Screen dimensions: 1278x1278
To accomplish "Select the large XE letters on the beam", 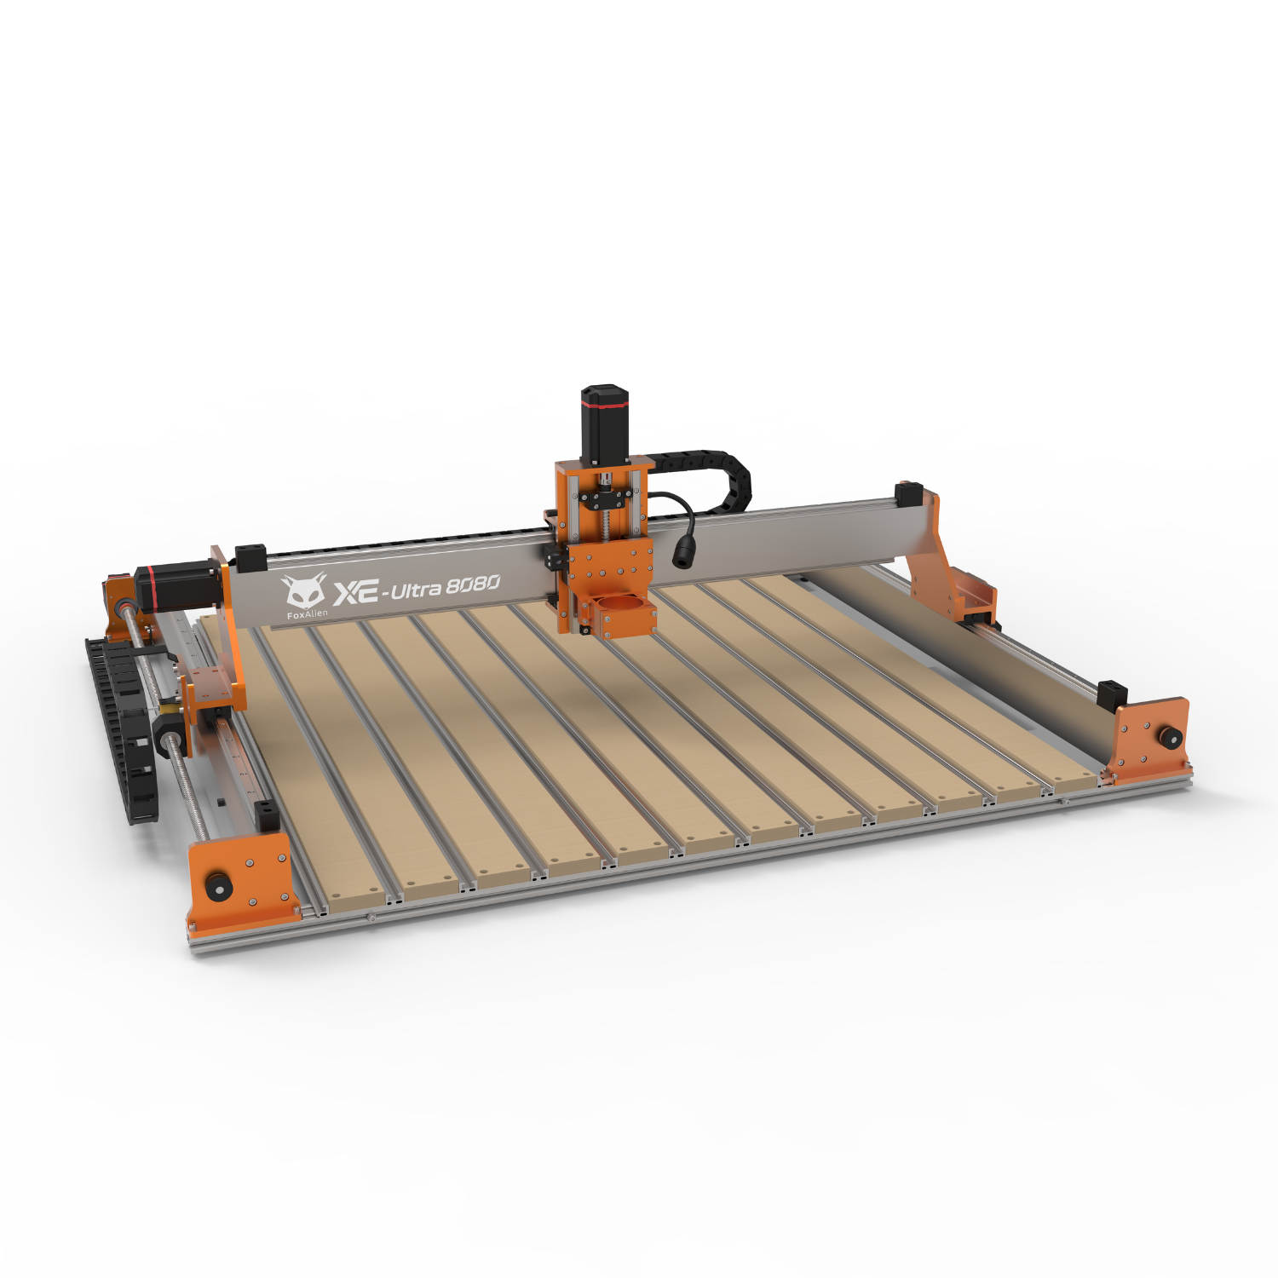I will click(355, 592).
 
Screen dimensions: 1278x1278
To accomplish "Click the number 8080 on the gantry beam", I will click(473, 584).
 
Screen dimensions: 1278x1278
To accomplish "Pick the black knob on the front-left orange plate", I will click(219, 886).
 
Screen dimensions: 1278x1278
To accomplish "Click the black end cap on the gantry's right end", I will click(909, 493).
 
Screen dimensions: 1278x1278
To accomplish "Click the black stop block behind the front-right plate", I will click(1112, 694).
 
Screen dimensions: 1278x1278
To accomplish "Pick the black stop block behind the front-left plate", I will click(268, 815).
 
